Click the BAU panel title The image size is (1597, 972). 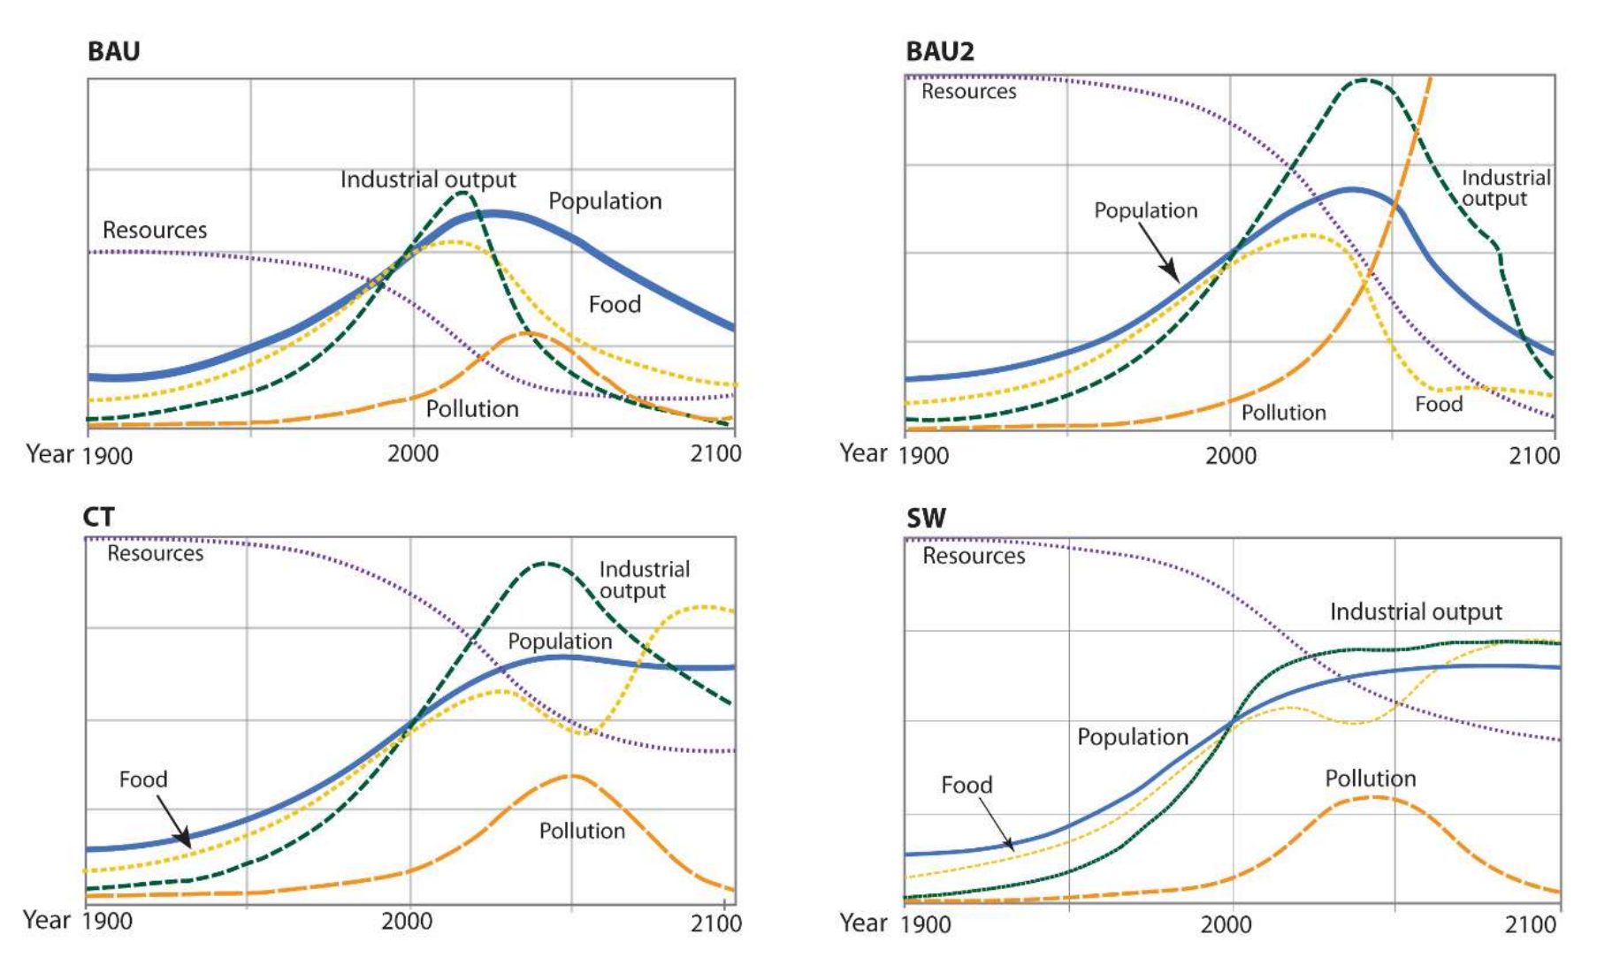click(x=113, y=51)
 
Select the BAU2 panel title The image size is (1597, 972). click(x=940, y=51)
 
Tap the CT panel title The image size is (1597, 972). click(x=98, y=516)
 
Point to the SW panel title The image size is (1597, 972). click(x=926, y=518)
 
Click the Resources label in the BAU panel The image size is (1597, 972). click(x=155, y=230)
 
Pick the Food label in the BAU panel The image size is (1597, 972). click(x=615, y=304)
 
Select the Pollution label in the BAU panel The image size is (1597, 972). click(x=472, y=409)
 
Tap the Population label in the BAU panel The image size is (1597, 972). click(x=605, y=201)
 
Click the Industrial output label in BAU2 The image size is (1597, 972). click(x=1505, y=188)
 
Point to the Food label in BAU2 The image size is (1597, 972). click(x=1439, y=404)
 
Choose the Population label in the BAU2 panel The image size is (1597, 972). click(x=1145, y=210)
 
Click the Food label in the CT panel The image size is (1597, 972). click(x=143, y=779)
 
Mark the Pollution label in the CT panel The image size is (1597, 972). click(x=582, y=831)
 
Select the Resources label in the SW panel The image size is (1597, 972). click(x=974, y=556)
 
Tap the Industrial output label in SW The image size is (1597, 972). click(x=1416, y=611)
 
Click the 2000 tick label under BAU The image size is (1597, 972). click(x=413, y=454)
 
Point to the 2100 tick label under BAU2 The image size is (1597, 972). click(x=1534, y=456)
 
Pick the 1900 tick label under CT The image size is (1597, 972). click(x=107, y=922)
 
